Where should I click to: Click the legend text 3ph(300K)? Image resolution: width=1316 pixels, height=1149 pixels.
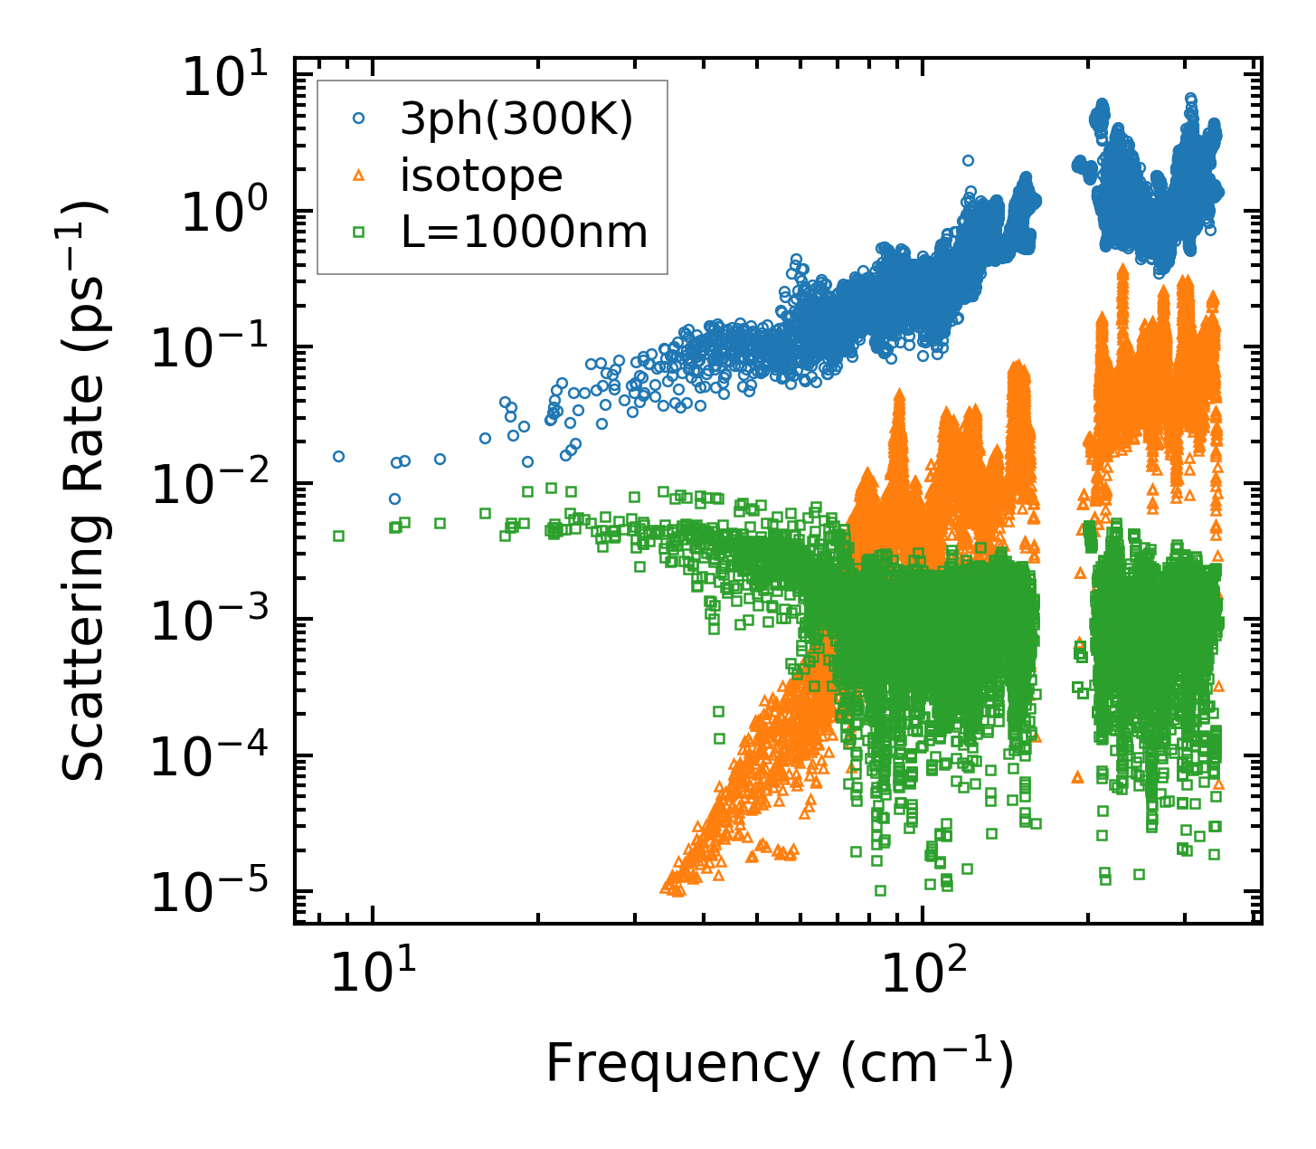point(516,119)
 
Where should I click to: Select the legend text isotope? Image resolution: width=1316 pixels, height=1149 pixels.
point(481,176)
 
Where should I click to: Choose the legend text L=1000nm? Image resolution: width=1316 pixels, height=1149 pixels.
point(525,233)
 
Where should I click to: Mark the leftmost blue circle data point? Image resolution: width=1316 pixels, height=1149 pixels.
point(338,456)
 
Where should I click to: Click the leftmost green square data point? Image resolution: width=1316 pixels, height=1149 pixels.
point(338,536)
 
